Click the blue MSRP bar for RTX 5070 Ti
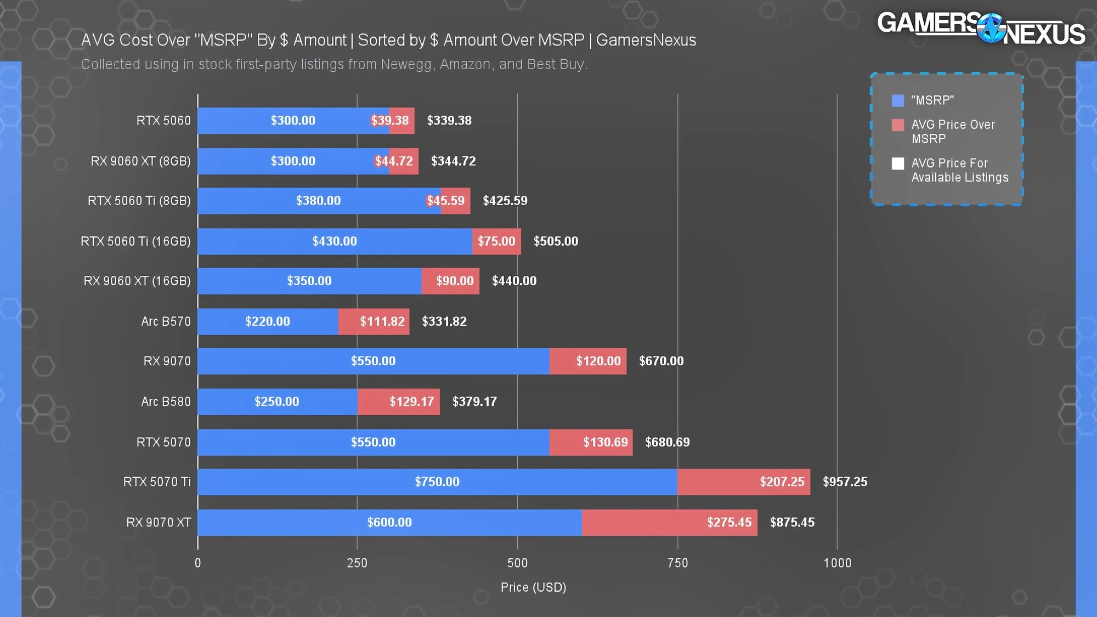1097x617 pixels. click(437, 482)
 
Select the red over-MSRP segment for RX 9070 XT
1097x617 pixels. click(669, 523)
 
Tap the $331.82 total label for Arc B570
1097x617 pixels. click(444, 321)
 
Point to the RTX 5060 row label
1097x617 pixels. click(163, 121)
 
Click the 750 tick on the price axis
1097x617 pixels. click(677, 563)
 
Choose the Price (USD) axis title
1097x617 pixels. click(533, 587)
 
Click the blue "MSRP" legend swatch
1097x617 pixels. click(898, 101)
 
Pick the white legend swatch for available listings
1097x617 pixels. click(898, 163)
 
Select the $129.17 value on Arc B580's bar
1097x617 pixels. click(411, 402)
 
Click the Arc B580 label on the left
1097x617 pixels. click(166, 402)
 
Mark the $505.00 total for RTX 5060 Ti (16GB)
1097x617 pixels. click(556, 241)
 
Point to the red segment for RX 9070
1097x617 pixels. click(587, 361)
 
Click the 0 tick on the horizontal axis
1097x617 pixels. click(198, 563)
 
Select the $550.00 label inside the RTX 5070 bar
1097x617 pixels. click(373, 443)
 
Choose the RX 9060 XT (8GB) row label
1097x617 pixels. click(141, 161)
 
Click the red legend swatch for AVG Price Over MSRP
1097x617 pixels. click(898, 125)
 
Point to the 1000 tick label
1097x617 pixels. click(838, 563)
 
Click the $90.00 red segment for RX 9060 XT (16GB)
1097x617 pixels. click(450, 281)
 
